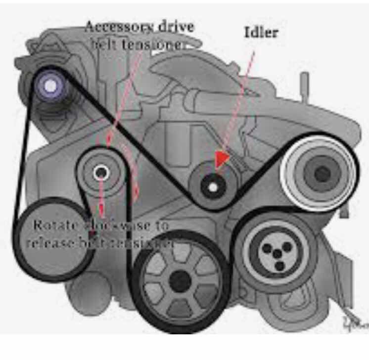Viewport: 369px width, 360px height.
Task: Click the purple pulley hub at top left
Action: coord(50,86)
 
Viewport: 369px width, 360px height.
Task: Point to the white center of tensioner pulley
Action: coord(101,172)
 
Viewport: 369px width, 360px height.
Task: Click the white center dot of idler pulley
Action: coord(212,187)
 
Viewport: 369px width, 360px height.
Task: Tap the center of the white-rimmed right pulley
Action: coord(321,173)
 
